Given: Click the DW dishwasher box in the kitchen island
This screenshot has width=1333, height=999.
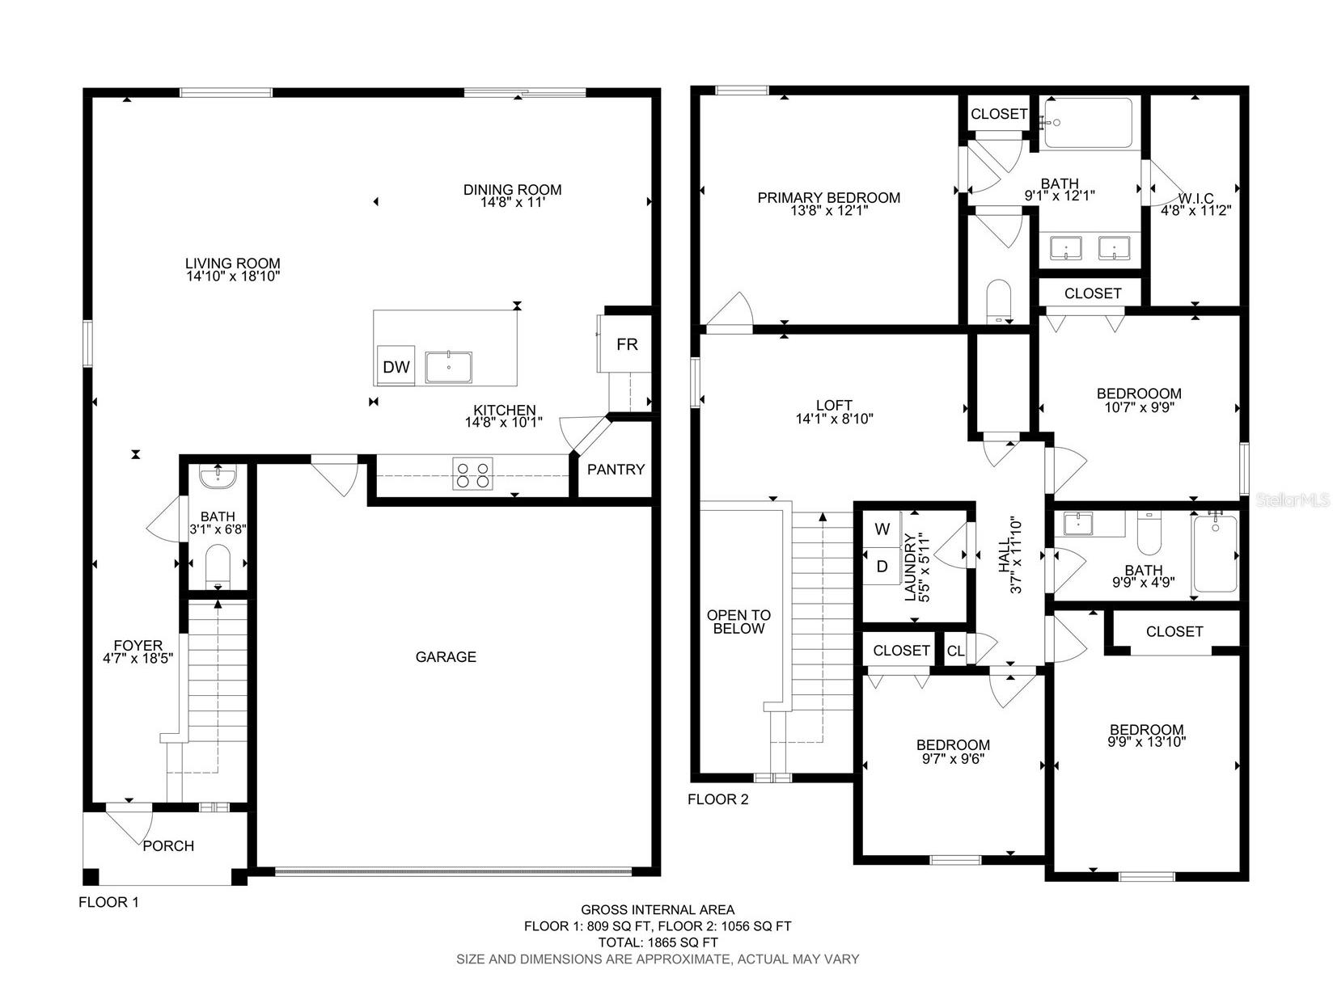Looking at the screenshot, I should click(396, 367).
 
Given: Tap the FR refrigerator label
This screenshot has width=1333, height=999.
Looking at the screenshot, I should click(627, 344).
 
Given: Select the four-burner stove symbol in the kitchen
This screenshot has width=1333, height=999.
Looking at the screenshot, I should click(473, 474).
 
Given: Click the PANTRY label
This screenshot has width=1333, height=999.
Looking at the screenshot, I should click(616, 470).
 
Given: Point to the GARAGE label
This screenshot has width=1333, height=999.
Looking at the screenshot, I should click(446, 657).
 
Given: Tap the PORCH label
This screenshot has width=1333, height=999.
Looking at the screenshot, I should click(168, 846).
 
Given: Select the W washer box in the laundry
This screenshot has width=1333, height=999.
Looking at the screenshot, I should click(882, 529).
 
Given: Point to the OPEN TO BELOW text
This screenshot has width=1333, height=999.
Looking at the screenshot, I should click(738, 622).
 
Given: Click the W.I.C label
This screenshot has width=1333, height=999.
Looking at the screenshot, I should click(1195, 199).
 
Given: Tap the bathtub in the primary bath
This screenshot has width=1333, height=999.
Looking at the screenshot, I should click(1088, 123).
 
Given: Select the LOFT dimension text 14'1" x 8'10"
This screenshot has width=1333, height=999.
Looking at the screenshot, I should click(834, 419).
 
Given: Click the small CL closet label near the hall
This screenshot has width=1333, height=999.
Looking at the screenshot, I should click(955, 651).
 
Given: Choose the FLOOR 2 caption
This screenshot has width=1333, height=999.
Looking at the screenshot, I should click(717, 800).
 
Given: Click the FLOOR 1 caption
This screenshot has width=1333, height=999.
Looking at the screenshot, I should click(108, 903).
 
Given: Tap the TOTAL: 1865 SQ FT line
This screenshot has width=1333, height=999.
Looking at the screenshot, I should click(658, 942).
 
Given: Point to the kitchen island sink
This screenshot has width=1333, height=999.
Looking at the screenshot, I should click(449, 367).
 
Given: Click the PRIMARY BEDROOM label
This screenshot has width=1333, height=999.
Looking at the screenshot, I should click(828, 198).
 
